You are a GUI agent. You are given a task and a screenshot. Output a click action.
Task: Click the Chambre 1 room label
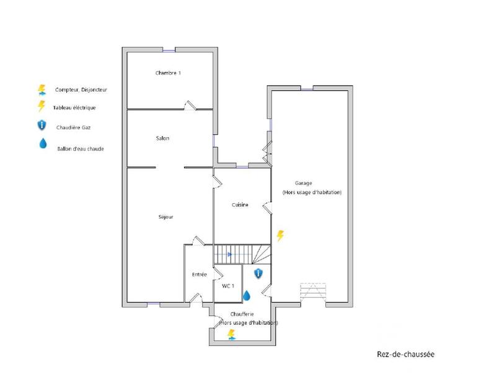point(168,73)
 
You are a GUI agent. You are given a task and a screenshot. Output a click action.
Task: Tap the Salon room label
point(162,138)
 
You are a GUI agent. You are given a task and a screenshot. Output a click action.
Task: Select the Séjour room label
point(166,217)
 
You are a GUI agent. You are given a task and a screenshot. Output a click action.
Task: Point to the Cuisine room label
point(241,205)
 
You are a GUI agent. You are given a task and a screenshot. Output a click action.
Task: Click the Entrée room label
point(199,274)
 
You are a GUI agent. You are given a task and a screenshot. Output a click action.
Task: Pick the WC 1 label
point(228,285)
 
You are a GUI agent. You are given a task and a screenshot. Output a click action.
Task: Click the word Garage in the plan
point(303,183)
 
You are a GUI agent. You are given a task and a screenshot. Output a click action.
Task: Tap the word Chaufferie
point(242,314)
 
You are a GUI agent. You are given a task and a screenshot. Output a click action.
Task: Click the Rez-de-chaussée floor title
point(405,354)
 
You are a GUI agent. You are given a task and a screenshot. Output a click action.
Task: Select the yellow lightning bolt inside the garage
point(280,235)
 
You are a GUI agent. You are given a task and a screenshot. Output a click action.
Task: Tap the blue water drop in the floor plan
point(246,295)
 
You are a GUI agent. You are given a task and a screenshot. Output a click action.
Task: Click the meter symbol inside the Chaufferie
point(231,335)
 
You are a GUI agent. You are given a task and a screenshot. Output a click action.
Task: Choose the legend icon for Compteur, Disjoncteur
point(42,89)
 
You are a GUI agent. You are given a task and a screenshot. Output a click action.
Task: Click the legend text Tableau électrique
point(75,107)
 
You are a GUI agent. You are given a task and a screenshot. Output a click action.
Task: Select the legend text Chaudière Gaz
point(73,127)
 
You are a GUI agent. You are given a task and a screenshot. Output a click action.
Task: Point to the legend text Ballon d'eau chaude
point(79,148)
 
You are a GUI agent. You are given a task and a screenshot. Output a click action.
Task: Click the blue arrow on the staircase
point(229,254)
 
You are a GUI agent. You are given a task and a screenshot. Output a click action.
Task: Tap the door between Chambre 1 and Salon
point(190,106)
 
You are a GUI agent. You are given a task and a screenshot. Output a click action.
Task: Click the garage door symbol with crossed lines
point(312,292)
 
